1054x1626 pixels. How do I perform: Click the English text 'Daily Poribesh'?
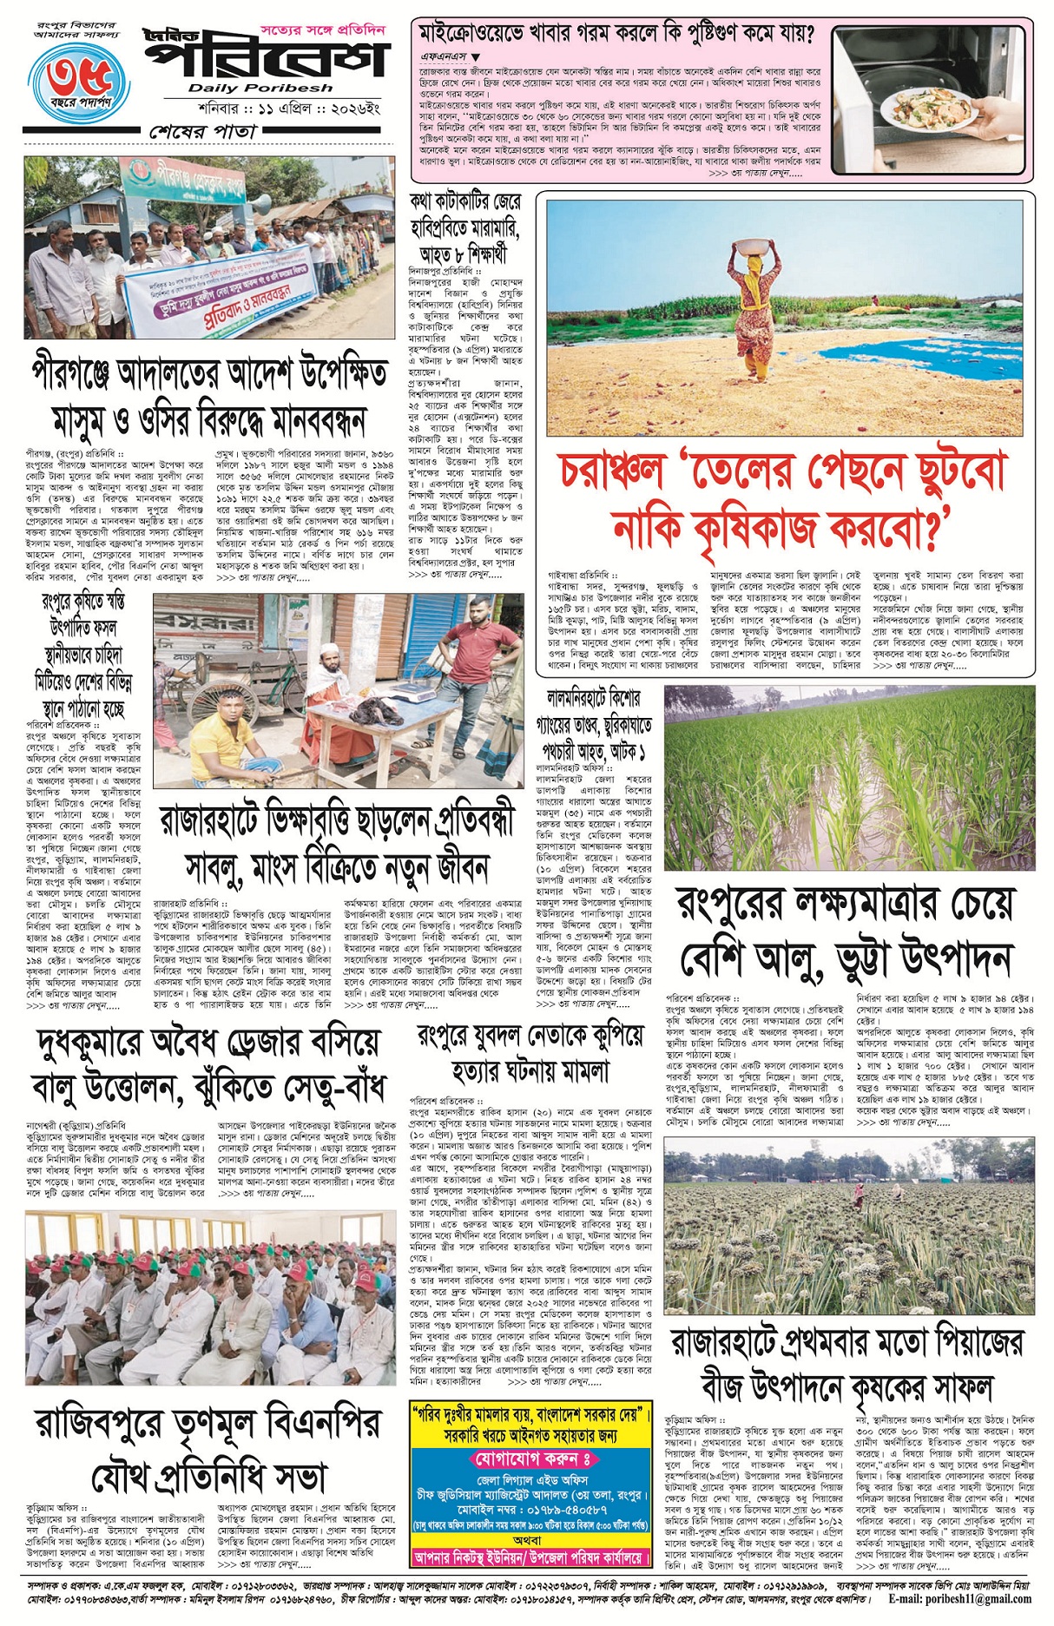(x=260, y=88)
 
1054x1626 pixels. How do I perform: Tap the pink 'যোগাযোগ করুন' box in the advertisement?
(x=531, y=1458)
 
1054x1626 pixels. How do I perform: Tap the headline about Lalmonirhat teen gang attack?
(x=595, y=724)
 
